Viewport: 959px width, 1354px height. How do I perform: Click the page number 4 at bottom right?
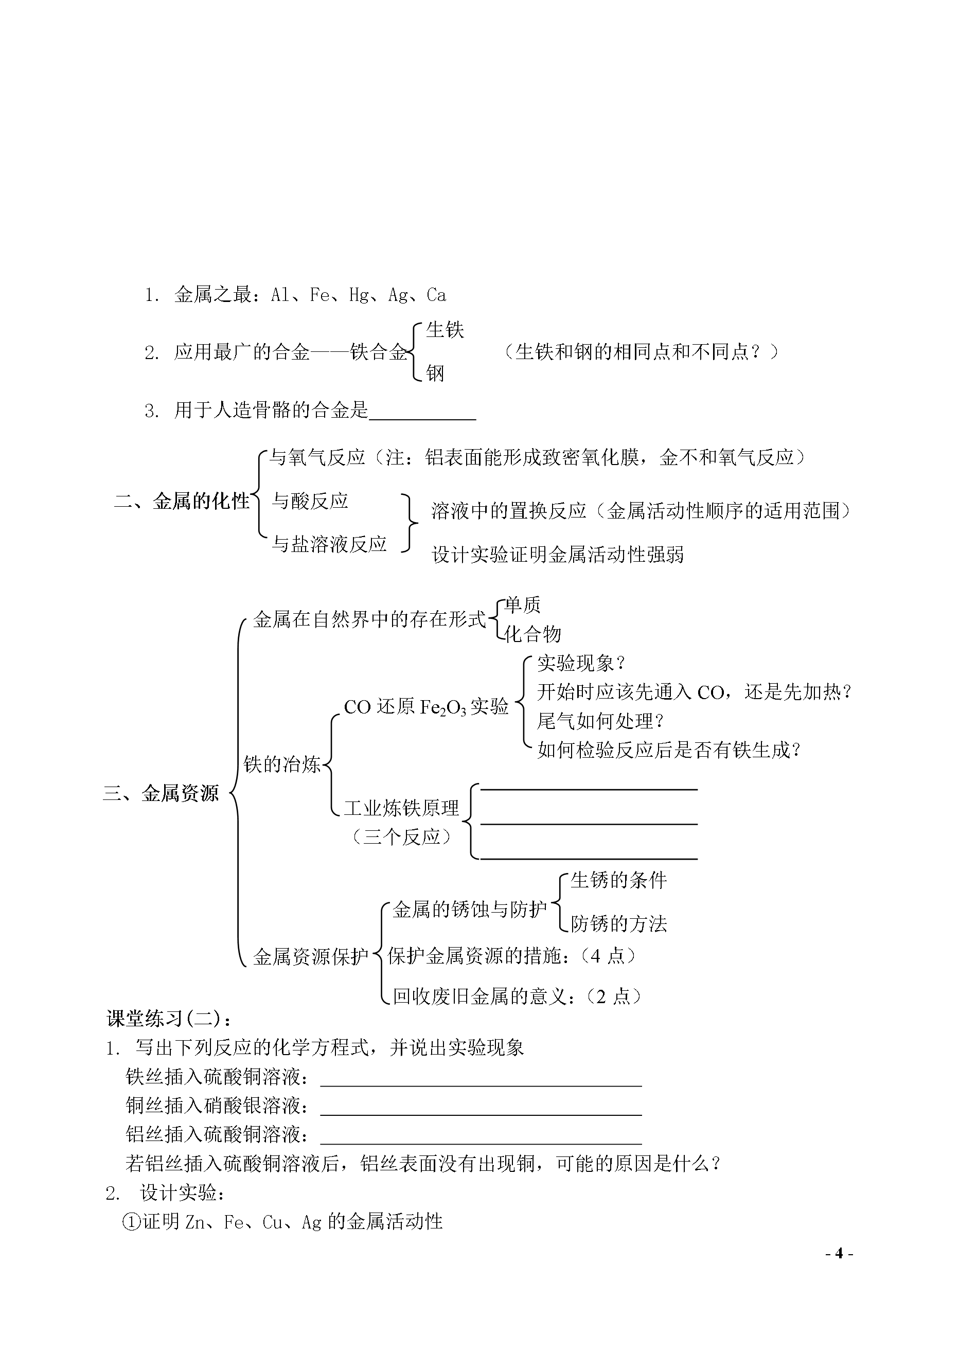click(x=839, y=1270)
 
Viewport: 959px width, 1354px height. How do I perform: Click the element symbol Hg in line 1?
click(x=359, y=295)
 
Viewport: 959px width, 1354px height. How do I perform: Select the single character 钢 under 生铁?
click(x=435, y=373)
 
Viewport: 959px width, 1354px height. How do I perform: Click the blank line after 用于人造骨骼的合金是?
click(x=422, y=420)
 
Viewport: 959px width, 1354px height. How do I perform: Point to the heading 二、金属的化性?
click(x=182, y=502)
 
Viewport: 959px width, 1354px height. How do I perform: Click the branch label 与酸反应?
click(x=310, y=502)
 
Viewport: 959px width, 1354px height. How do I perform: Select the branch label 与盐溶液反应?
click(x=329, y=544)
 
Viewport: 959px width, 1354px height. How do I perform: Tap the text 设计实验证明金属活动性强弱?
click(x=558, y=555)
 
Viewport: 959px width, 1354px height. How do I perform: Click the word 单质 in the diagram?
click(x=523, y=604)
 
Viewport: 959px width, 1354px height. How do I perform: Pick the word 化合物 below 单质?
click(x=532, y=634)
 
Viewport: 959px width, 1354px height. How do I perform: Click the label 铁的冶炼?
click(x=282, y=764)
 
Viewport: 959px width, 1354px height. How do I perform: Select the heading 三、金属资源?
click(x=161, y=793)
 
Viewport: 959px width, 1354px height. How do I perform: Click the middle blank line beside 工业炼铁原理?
click(x=589, y=824)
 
